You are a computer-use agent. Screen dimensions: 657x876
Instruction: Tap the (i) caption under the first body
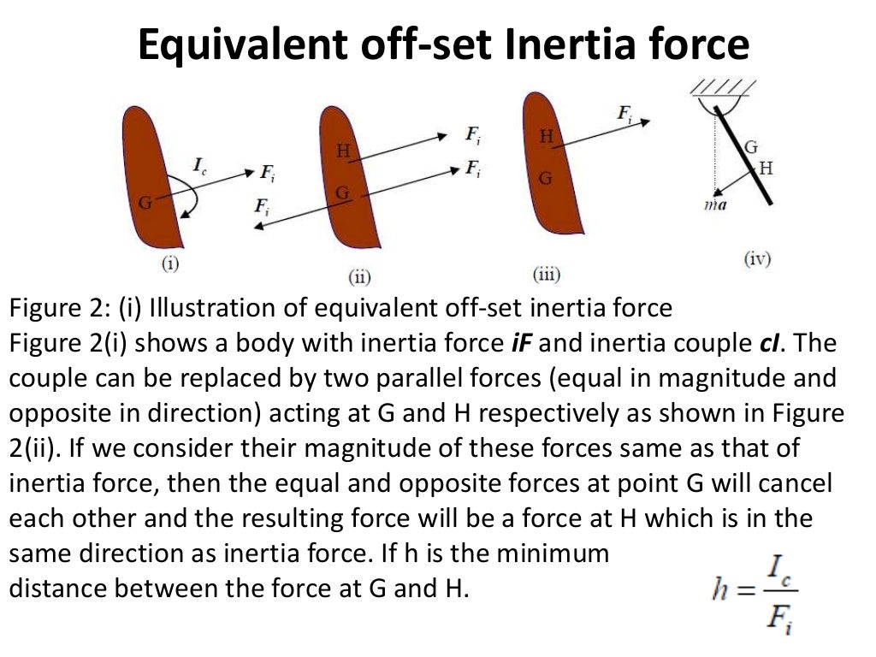pyautogui.click(x=170, y=263)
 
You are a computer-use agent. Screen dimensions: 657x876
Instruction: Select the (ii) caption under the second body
pyautogui.click(x=356, y=276)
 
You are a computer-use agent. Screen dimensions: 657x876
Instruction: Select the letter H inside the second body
pyautogui.click(x=343, y=151)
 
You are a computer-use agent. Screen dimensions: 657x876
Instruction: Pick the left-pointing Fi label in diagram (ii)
pyautogui.click(x=263, y=205)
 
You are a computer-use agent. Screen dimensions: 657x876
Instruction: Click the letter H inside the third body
pyautogui.click(x=546, y=135)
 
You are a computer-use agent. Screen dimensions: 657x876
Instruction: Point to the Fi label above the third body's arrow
pyautogui.click(x=624, y=111)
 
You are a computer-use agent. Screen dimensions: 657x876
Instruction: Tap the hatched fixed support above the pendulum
pyautogui.click(x=720, y=88)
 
